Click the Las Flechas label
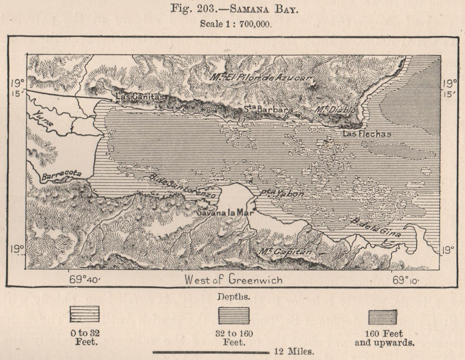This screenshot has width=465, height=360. (x=367, y=134)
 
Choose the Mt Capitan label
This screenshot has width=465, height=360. (x=285, y=253)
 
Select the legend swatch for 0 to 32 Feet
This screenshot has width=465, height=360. (x=84, y=314)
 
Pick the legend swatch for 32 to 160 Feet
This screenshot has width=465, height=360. (x=234, y=315)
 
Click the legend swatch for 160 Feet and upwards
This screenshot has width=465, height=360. (x=382, y=317)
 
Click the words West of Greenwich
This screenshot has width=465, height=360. (x=233, y=280)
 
